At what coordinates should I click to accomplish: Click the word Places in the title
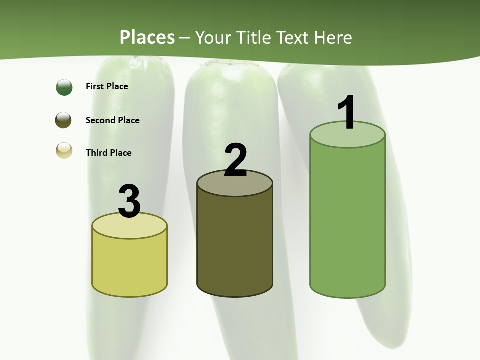pos(147,37)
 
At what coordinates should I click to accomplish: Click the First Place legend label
pos(107,86)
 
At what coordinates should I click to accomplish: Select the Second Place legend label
pos(112,120)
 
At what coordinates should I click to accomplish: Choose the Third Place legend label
pos(108,153)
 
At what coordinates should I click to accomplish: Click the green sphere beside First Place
pos(64,87)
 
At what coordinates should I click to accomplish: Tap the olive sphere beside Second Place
pos(63,120)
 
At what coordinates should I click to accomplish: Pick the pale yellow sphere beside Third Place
pos(64,150)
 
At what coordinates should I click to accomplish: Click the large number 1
pos(347,113)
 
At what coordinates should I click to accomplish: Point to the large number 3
pos(130,201)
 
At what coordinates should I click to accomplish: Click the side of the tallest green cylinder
pos(347,220)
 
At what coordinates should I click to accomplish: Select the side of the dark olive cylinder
pos(235,245)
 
